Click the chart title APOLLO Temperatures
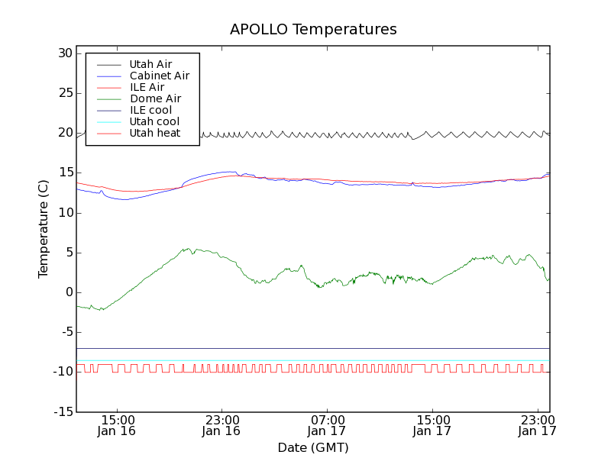pos(313,30)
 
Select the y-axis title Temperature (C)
pos(44,228)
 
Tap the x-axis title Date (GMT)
pos(313,447)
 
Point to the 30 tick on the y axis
pos(64,53)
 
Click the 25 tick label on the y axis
pos(64,93)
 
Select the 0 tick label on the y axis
pos(68,292)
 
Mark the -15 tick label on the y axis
pos(61,412)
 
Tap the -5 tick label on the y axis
pos(64,332)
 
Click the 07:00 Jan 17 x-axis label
pos(327,424)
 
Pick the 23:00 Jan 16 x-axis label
pos(221,424)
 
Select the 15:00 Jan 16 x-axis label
pos(117,424)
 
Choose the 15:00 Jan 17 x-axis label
pos(432,424)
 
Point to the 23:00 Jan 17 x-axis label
pos(537,424)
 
